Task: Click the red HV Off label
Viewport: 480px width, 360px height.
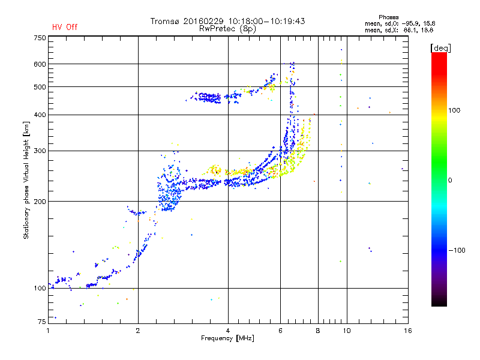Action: click(x=65, y=27)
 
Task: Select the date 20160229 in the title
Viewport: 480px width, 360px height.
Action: click(x=203, y=21)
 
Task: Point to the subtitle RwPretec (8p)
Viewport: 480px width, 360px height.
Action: click(x=227, y=29)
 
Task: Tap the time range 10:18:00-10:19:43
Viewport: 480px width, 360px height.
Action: click(x=266, y=21)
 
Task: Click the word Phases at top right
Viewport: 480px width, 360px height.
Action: click(x=388, y=17)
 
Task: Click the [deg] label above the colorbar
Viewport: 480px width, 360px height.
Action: click(x=440, y=48)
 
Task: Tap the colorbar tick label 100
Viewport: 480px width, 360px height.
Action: click(x=454, y=110)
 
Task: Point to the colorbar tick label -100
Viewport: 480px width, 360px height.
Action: click(x=457, y=250)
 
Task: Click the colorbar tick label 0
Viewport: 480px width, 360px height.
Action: click(x=450, y=181)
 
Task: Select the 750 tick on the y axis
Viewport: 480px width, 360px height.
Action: click(x=40, y=38)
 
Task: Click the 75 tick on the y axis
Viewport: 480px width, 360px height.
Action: click(x=42, y=322)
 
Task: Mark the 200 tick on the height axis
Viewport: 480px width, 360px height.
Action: click(x=40, y=202)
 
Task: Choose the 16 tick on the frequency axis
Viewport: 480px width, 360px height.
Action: click(x=408, y=331)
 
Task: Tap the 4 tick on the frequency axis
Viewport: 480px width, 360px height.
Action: click(x=228, y=331)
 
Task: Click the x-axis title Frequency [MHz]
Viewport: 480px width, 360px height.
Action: click(x=227, y=338)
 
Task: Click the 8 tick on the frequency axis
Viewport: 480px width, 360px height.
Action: click(x=318, y=331)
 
